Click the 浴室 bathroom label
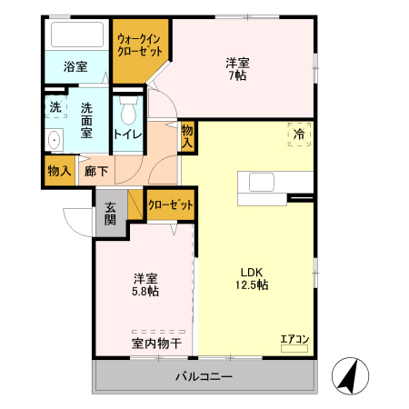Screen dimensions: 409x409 [x=75, y=66]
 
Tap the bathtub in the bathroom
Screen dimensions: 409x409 [x=77, y=36]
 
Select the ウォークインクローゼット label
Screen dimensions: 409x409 [x=140, y=45]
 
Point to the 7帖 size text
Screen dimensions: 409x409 [x=238, y=76]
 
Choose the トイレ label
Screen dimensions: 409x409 [x=127, y=135]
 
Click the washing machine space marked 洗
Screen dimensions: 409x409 [x=55, y=106]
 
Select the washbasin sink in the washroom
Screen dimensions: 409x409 [x=54, y=140]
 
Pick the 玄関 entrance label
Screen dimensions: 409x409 [x=110, y=214]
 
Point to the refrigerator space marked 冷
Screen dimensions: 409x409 [x=299, y=134]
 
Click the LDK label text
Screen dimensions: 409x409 [x=251, y=271]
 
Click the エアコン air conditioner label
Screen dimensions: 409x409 [x=294, y=339]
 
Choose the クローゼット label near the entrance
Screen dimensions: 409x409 [x=171, y=205]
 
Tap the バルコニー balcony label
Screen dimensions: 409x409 [x=204, y=376]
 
